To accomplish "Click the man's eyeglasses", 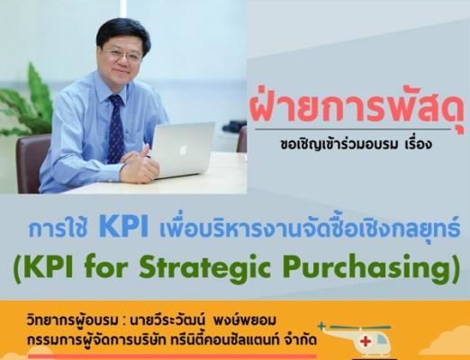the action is [124, 56].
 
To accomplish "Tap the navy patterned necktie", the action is [116, 129].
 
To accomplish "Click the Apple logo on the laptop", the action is [183, 149].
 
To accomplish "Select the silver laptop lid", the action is [183, 150].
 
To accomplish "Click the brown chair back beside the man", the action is [30, 162].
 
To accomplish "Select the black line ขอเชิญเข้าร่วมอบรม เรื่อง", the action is [356, 144].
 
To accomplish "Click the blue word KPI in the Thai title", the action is [123, 229].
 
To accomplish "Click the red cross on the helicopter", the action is [366, 341].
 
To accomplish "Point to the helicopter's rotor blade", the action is [356, 327].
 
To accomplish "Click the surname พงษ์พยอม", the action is [244, 321].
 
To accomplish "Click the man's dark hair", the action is [123, 33].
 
